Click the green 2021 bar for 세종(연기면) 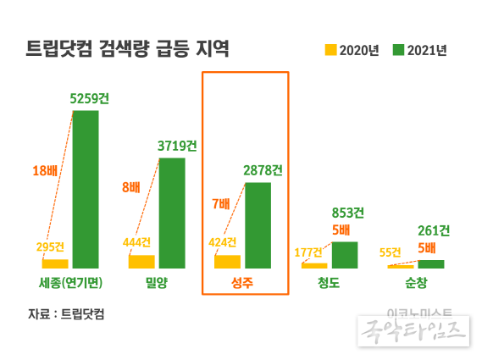pyautogui.click(x=86, y=189)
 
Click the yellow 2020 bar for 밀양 pyautogui.click(x=141, y=261)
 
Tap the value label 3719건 pyautogui.click(x=176, y=146)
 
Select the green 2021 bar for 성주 pyautogui.click(x=258, y=225)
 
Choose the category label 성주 pyautogui.click(x=244, y=283)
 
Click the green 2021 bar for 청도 pyautogui.click(x=344, y=255)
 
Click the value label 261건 pyautogui.click(x=435, y=230)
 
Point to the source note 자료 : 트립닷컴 pyautogui.click(x=70, y=314)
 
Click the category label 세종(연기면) pyautogui.click(x=70, y=283)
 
